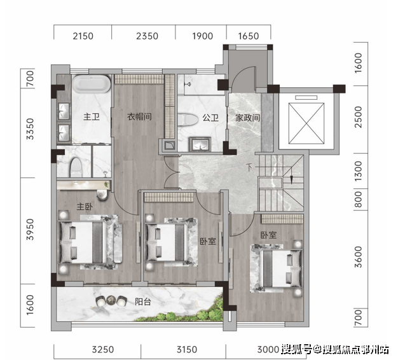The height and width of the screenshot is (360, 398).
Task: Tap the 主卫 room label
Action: (x=92, y=117)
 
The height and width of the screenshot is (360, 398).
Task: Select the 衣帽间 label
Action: (x=139, y=116)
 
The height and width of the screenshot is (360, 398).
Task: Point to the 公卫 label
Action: (x=210, y=118)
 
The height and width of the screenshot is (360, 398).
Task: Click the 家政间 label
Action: (x=248, y=118)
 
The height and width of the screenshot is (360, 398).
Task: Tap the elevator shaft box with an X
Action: (x=306, y=123)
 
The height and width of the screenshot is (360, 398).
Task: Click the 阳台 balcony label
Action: (x=143, y=301)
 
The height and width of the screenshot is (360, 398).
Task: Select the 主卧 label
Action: (x=85, y=207)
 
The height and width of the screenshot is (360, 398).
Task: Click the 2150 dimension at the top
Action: (x=83, y=36)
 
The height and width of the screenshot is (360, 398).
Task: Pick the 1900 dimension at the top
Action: (x=202, y=36)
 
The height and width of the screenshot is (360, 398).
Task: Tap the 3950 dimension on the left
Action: (x=30, y=230)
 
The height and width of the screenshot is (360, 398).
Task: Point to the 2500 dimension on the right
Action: (x=358, y=117)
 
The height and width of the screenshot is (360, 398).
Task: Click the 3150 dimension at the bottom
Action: (x=187, y=350)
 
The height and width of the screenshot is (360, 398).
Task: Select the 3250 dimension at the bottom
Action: (x=103, y=350)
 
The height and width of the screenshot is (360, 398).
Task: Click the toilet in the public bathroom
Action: (x=188, y=120)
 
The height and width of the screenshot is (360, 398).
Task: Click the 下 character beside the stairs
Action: (x=250, y=167)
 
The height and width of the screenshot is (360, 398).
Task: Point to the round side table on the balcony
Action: (x=111, y=300)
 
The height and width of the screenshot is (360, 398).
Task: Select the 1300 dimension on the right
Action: (x=358, y=171)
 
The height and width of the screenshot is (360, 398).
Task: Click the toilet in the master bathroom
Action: (x=76, y=167)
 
